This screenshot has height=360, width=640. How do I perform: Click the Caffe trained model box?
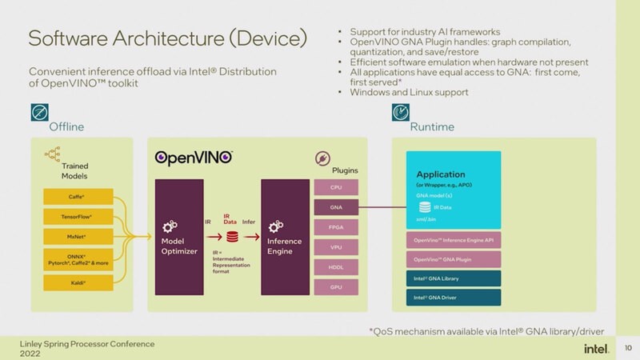click(77, 195)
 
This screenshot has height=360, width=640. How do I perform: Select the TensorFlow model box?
click(77, 216)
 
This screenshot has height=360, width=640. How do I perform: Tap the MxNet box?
click(77, 238)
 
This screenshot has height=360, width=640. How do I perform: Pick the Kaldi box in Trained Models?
click(77, 282)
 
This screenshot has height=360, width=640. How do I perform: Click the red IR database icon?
click(232, 237)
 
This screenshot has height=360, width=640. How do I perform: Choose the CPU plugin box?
click(336, 187)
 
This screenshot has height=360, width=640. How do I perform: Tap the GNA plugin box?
click(336, 207)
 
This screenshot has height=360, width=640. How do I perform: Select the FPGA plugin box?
click(336, 227)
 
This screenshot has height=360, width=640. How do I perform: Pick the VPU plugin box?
click(336, 247)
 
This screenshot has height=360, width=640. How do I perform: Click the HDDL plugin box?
click(336, 266)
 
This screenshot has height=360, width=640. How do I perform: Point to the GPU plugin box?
click(336, 286)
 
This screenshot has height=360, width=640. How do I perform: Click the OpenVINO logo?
click(193, 158)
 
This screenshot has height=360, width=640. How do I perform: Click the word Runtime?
click(431, 126)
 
